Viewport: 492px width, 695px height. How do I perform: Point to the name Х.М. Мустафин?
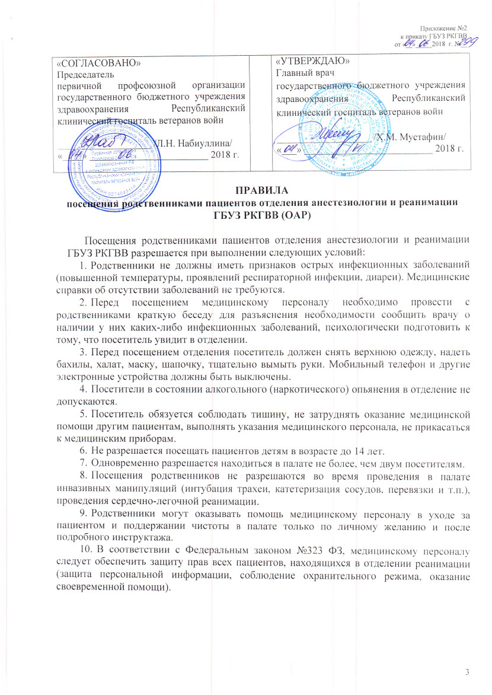(x=415, y=138)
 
